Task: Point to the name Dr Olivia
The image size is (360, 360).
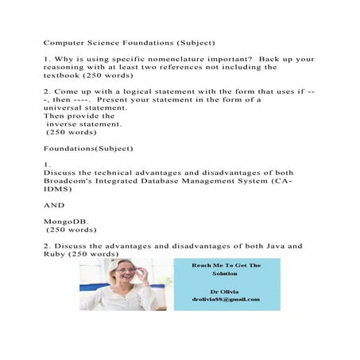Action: click(x=225, y=289)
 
